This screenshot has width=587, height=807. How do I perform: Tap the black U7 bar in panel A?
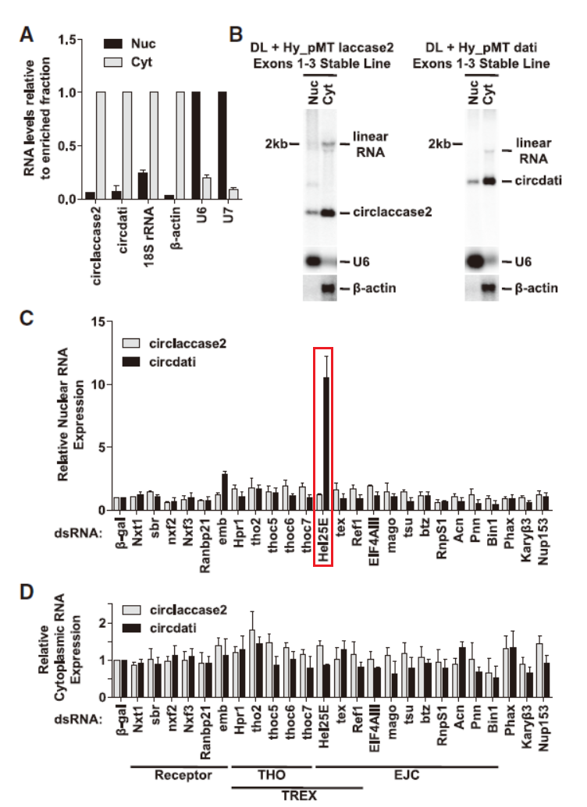(x=222, y=145)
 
